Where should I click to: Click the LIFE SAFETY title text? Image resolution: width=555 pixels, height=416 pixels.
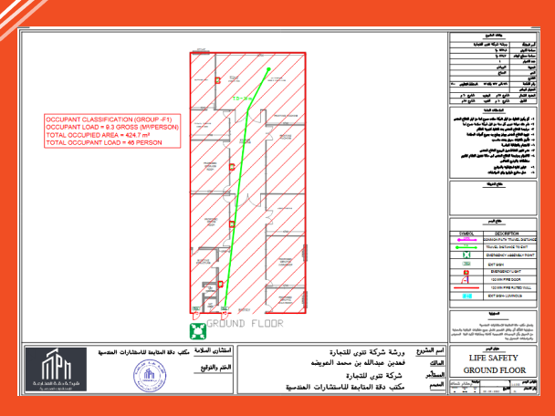pos(493,359)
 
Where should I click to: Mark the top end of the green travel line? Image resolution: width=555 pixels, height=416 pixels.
pos(269,68)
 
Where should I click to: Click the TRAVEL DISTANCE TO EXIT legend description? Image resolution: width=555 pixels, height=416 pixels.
pos(511,245)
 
